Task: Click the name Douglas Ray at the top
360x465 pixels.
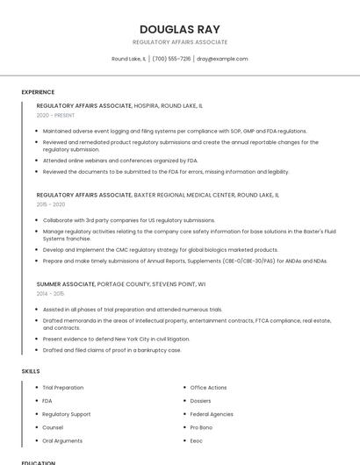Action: coord(180,27)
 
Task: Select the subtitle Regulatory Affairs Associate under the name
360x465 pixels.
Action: coord(180,42)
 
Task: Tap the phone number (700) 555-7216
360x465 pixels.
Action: coord(171,59)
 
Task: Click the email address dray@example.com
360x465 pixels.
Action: coord(222,59)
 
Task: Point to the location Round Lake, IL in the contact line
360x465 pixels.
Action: coord(129,59)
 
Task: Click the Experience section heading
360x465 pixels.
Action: coord(38,92)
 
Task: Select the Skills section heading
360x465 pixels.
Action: coord(31,371)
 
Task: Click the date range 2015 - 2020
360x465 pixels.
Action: coord(51,204)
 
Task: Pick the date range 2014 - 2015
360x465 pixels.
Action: coord(51,294)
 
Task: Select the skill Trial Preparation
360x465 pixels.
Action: coord(63,387)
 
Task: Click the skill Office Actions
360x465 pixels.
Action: coord(208,387)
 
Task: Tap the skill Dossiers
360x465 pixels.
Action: coord(201,400)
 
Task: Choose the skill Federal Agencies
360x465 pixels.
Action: coord(212,414)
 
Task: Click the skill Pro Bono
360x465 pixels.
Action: coord(201,427)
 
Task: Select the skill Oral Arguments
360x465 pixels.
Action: coord(62,440)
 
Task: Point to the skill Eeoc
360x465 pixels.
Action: coord(197,440)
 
